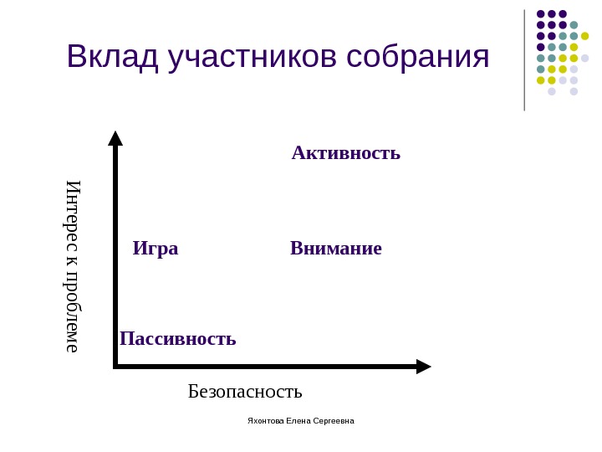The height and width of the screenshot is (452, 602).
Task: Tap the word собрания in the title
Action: tap(417, 57)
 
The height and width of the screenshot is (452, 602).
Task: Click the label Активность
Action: tap(346, 153)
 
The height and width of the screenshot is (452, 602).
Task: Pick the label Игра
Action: tap(156, 249)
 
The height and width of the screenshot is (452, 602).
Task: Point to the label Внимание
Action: tap(336, 249)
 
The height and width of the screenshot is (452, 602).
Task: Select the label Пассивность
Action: tap(178, 338)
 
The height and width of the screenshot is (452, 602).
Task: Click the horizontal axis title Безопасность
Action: tap(245, 391)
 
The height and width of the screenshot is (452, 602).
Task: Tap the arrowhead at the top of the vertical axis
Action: tap(115, 138)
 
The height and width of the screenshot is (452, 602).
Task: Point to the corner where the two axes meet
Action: tap(115, 366)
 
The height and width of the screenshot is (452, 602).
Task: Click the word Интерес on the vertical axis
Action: tap(74, 213)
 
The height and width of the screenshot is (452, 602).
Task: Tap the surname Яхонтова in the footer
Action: tap(266, 420)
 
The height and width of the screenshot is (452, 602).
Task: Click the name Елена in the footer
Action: tap(300, 420)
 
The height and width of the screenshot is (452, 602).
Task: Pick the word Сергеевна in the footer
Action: tap(335, 420)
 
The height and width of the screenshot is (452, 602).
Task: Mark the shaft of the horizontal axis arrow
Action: tap(268, 366)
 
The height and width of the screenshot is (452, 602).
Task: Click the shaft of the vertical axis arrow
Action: tap(115, 251)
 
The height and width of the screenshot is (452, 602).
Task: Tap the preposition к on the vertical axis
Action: tap(74, 261)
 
